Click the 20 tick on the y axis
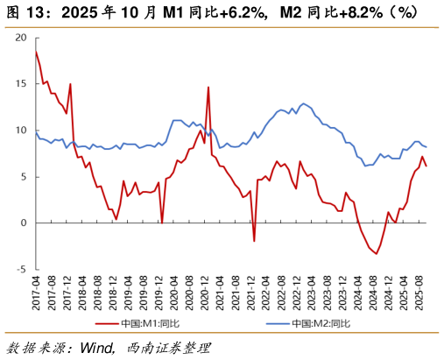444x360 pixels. tap(22, 38)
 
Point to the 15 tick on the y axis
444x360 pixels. tap(22, 84)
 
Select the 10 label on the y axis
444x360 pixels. tap(22, 131)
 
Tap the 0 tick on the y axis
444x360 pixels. tap(24, 222)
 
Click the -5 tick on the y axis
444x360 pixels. tap(22, 269)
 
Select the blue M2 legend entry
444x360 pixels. tap(307, 323)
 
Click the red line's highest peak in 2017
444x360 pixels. tap(36, 52)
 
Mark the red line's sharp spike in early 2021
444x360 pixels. tap(208, 87)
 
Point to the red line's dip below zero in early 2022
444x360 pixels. tap(254, 241)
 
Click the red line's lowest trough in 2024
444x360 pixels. tap(377, 253)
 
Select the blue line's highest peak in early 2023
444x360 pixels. tap(304, 103)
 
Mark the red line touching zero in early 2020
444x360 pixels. tap(162, 222)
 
